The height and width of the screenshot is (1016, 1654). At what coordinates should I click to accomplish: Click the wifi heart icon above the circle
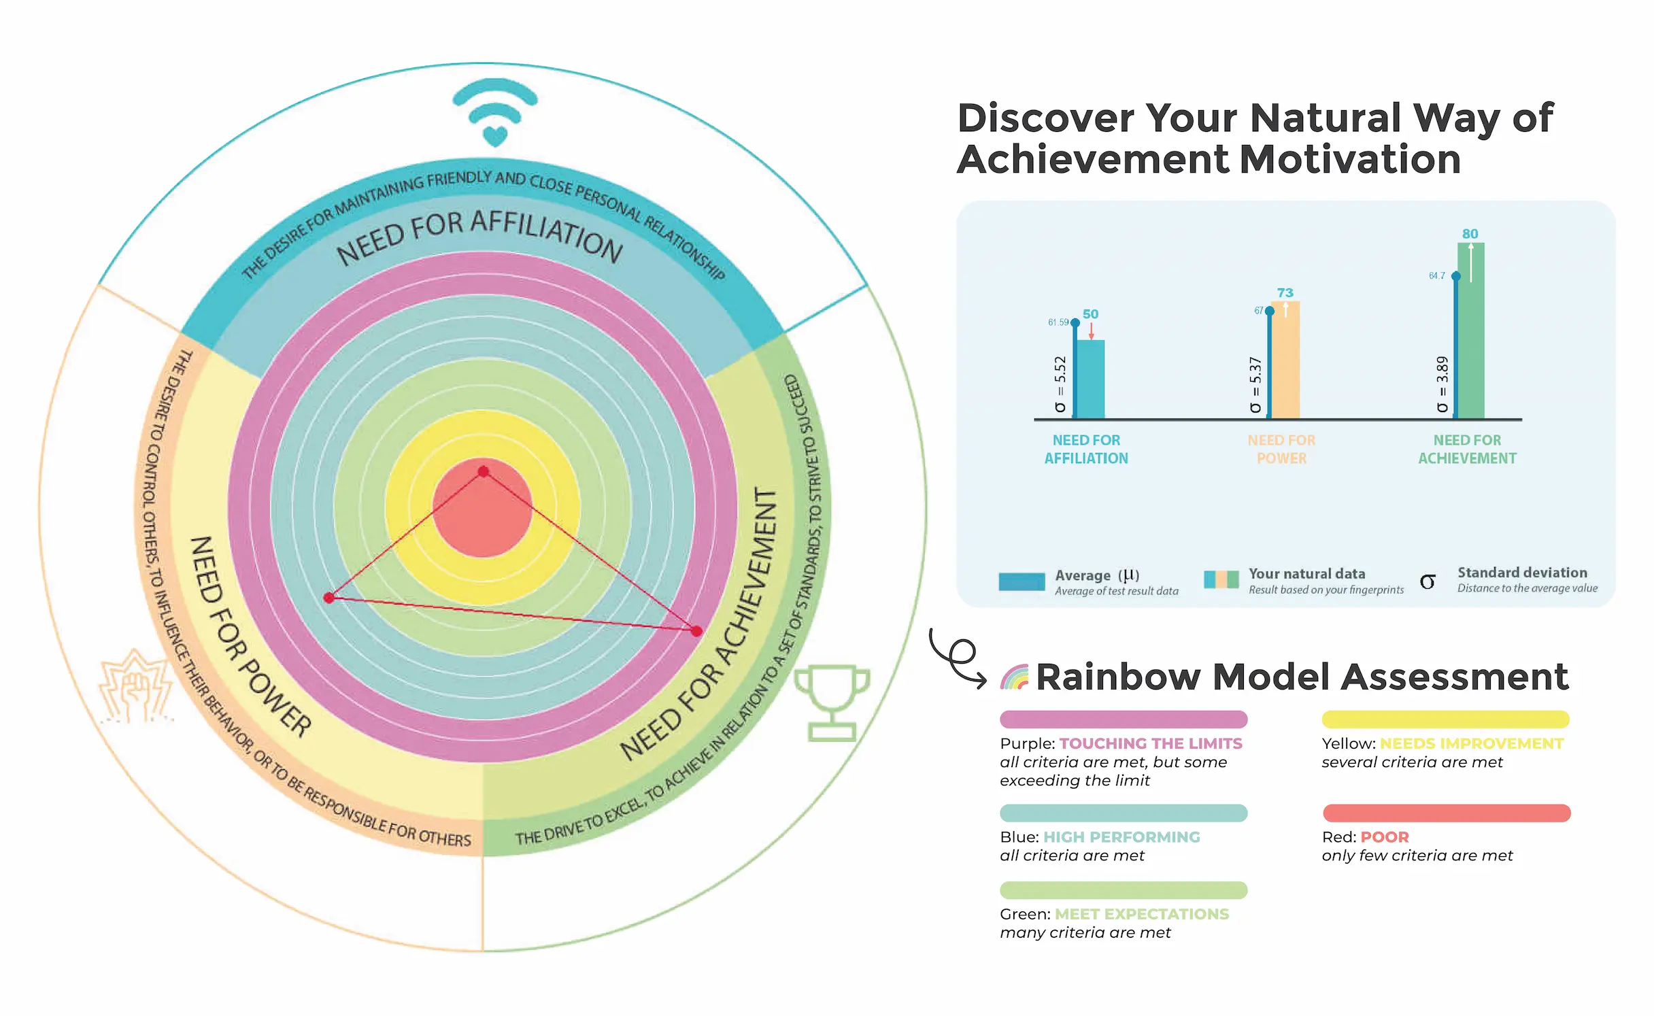495,112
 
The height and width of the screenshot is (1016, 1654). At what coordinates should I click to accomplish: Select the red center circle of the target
482,508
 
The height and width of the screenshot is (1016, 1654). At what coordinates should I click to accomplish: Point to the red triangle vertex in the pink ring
696,631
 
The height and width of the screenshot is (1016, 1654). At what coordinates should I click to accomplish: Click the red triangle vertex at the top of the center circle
483,471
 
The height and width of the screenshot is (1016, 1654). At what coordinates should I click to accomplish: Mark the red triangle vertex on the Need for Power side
329,598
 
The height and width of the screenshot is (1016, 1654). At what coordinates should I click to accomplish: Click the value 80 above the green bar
1470,234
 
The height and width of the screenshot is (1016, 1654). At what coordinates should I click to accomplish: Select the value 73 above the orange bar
1285,292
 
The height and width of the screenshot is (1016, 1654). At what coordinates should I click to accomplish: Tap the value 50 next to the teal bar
1090,314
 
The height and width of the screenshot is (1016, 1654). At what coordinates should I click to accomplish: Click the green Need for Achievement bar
1470,331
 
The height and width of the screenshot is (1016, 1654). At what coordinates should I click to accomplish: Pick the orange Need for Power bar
1285,360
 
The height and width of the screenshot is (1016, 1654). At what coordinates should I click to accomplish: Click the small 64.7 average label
1436,275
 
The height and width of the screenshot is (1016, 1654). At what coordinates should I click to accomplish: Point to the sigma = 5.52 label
1060,384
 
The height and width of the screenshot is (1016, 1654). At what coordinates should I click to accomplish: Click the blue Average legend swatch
1022,581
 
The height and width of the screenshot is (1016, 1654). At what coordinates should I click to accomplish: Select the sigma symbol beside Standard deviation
1428,581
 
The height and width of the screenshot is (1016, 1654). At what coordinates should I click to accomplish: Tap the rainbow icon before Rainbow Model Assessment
1015,677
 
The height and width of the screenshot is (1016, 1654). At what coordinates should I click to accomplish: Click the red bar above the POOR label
1446,813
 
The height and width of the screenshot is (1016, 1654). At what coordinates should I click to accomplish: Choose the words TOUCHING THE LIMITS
1151,743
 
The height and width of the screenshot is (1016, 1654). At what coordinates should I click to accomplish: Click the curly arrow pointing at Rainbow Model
958,658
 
